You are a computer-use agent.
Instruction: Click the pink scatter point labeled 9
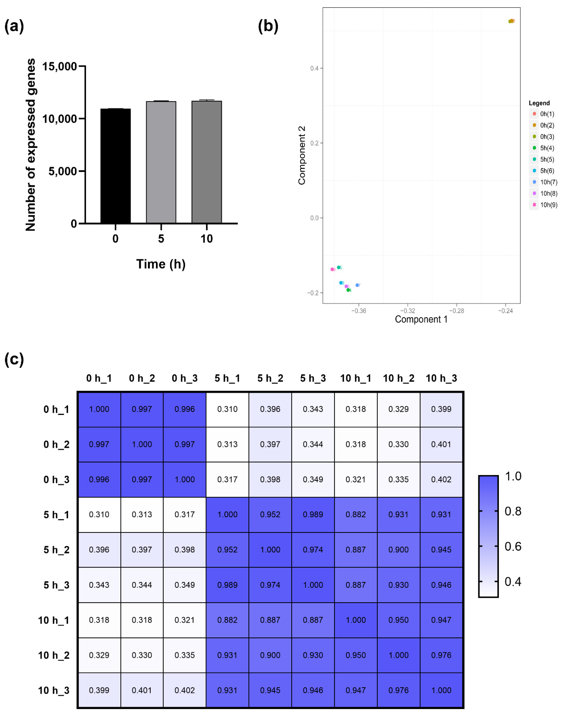[x=332, y=269]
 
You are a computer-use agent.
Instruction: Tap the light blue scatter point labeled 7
[x=357, y=285]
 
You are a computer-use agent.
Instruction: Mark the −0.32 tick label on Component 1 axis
[x=407, y=311]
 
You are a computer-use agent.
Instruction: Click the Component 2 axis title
[x=301, y=155]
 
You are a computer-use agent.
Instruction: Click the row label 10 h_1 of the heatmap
[x=54, y=620]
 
